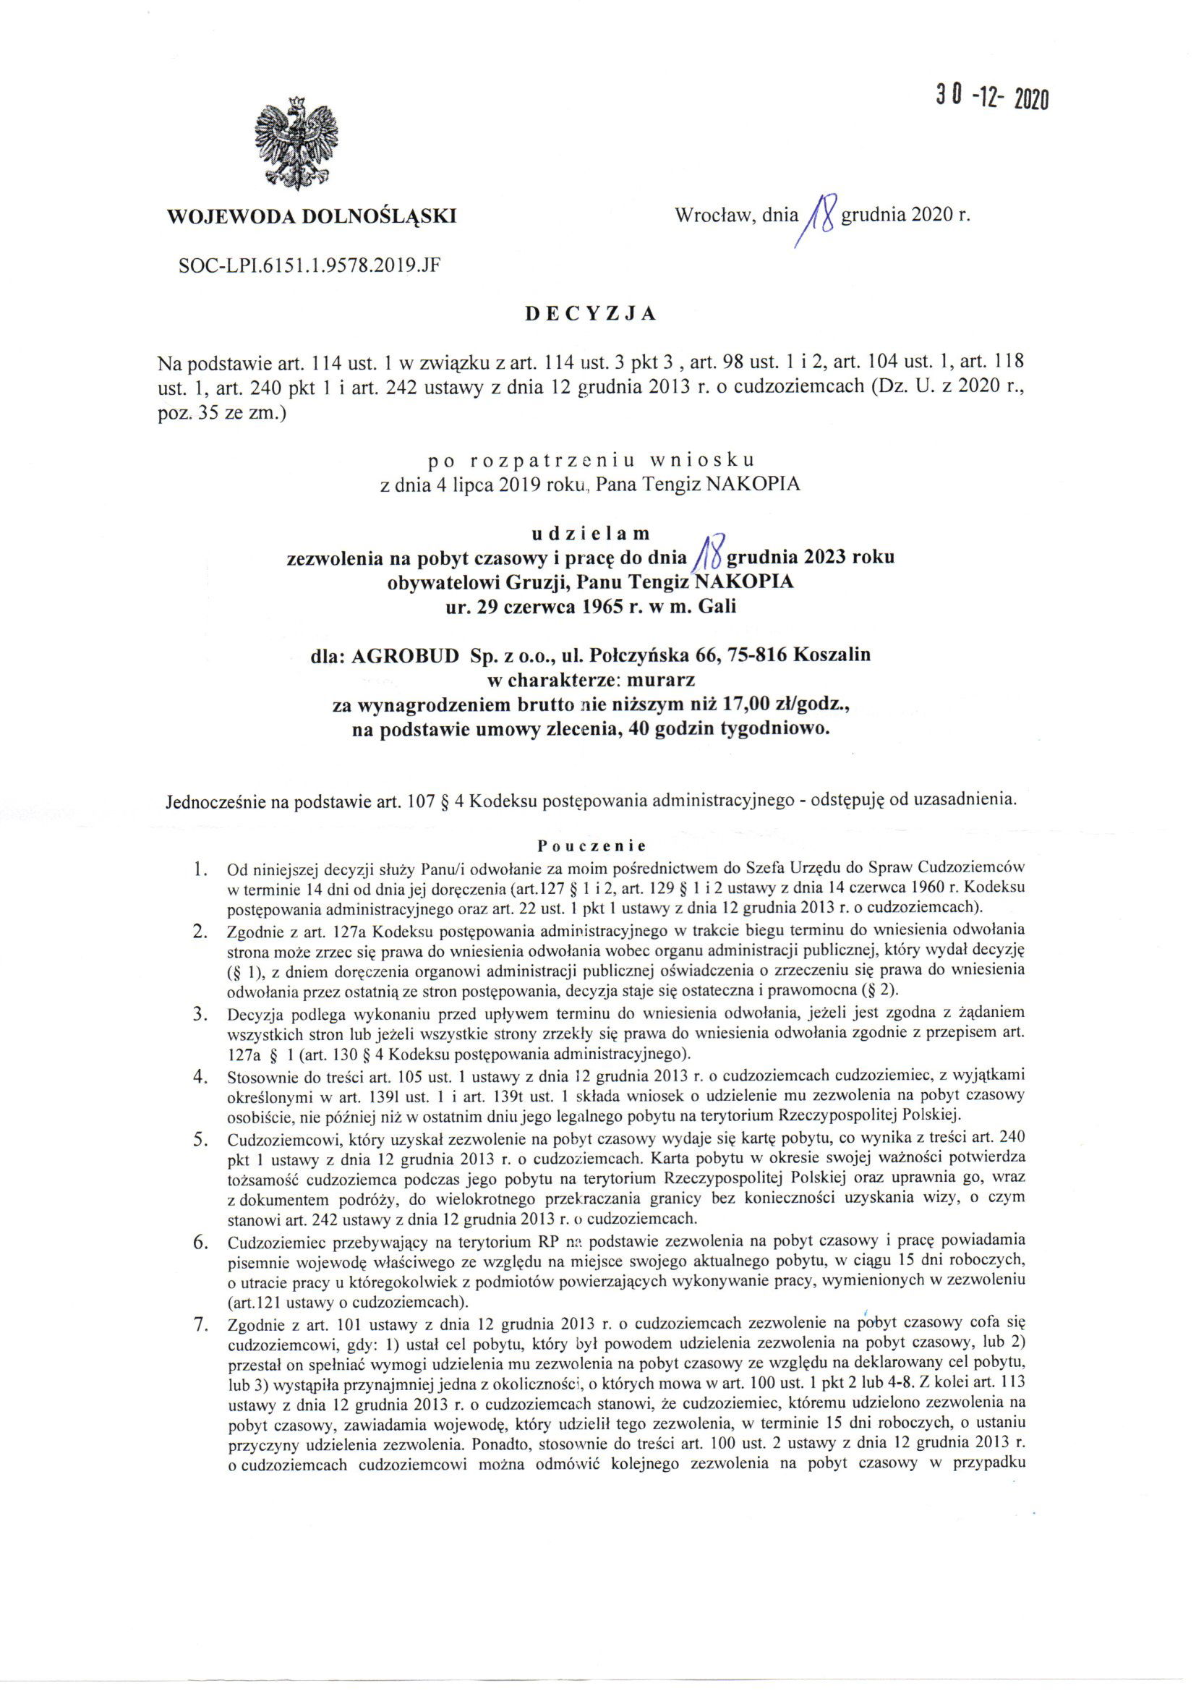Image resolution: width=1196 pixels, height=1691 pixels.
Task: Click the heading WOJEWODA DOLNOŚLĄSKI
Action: (x=312, y=216)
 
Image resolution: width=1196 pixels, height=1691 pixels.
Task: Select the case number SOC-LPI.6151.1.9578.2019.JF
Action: (x=310, y=265)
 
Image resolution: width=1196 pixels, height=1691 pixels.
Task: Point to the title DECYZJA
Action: (x=590, y=314)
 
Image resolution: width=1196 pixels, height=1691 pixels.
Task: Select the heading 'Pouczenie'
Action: (x=591, y=845)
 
